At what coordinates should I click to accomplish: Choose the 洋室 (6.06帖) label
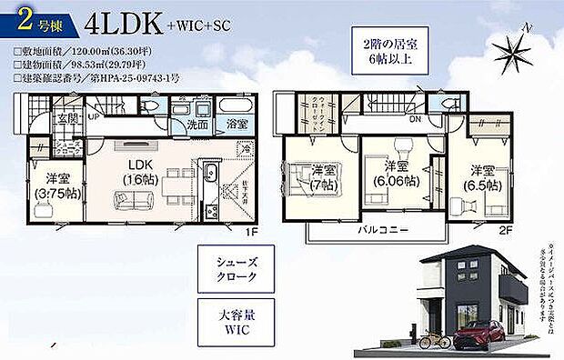click(394, 175)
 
